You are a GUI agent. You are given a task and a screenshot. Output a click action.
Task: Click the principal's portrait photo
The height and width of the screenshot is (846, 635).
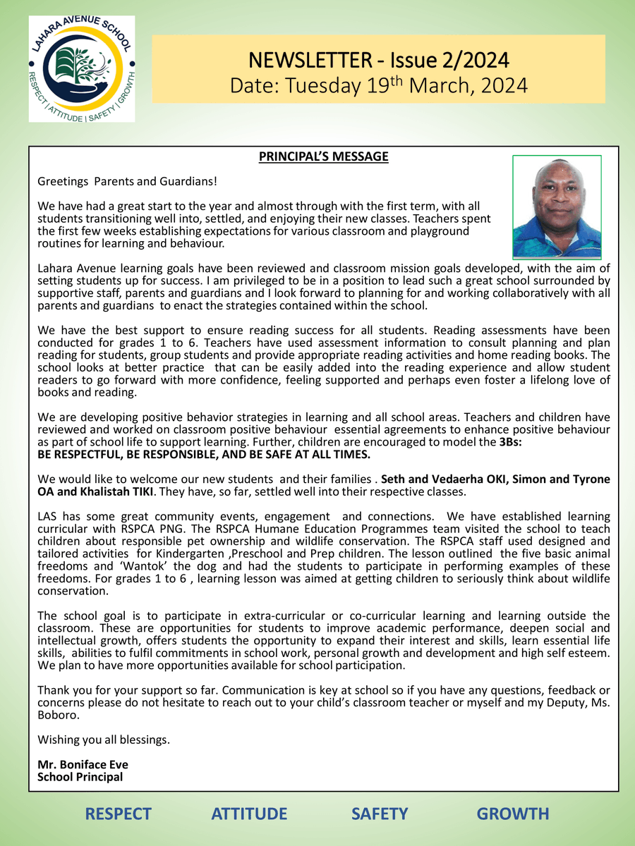tap(557, 207)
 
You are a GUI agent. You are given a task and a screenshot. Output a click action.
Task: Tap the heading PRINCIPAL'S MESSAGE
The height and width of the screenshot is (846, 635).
tap(324, 157)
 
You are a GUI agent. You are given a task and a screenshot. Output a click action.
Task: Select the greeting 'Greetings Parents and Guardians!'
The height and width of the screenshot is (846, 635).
tap(127, 181)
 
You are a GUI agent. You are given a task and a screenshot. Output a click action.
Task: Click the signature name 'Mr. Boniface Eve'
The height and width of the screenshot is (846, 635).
tap(83, 764)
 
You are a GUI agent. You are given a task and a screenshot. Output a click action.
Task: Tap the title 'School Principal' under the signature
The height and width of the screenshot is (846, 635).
tap(80, 776)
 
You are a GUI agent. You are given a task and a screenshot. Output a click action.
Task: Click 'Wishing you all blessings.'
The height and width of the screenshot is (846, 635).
tap(104, 740)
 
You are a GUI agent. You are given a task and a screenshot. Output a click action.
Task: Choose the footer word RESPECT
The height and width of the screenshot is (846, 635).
tap(118, 814)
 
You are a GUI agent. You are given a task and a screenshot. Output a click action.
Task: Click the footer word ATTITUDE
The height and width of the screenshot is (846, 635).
tap(249, 814)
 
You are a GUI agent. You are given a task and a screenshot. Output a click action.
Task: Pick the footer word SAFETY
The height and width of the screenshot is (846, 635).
tap(380, 814)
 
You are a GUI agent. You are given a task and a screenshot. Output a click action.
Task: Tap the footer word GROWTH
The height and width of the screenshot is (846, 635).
tap(513, 814)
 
